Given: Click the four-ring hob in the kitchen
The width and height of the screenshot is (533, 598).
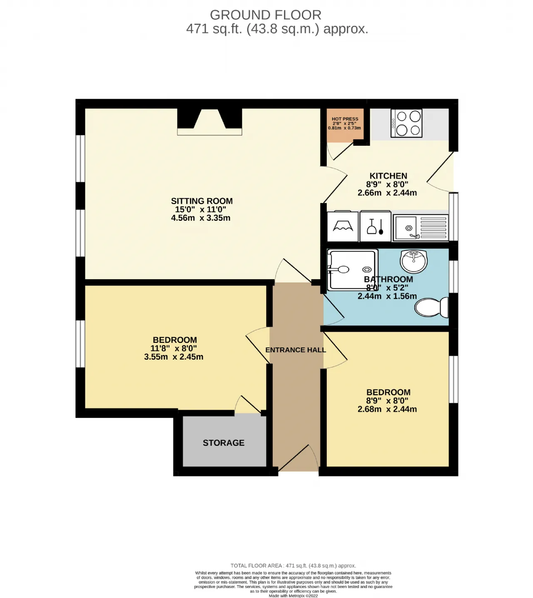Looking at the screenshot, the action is [x=406, y=123].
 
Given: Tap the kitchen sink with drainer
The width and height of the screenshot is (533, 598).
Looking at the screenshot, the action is [x=421, y=228].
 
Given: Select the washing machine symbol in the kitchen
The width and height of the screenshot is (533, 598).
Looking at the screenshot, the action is [x=343, y=226].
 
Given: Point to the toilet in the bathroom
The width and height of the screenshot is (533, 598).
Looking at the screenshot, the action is [x=431, y=307].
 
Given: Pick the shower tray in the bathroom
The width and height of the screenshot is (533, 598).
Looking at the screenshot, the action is [x=352, y=270].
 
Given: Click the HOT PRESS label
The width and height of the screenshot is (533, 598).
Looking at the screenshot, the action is [x=345, y=119].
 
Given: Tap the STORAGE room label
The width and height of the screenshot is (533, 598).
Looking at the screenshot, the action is [x=224, y=443].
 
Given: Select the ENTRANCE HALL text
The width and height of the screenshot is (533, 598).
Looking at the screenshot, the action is [x=296, y=350].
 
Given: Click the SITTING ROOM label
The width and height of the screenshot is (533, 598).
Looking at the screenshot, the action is [x=202, y=201].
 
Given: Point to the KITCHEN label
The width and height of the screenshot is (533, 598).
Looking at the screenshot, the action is [x=388, y=176].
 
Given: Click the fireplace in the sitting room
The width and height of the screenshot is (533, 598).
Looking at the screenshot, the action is [x=210, y=122].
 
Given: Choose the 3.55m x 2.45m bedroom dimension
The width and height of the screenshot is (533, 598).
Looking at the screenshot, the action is [x=174, y=357].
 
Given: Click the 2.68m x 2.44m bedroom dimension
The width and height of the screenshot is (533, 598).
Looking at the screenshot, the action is [x=387, y=409].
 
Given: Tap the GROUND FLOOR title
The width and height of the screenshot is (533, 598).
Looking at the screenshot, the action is [x=266, y=15].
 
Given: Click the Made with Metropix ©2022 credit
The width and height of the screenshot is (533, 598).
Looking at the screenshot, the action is [x=293, y=595].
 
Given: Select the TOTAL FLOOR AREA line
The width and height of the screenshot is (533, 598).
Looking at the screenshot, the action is [x=293, y=565].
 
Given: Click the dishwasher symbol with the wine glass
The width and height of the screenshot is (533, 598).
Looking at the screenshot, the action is [x=376, y=226].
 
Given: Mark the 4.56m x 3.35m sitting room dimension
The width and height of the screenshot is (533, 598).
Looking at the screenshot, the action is [x=201, y=218].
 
